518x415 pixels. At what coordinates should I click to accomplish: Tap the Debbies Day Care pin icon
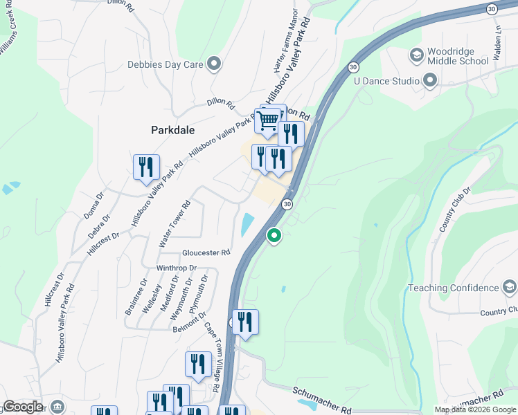tap(214, 65)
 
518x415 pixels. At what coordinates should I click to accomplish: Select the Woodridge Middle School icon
tap(417, 54)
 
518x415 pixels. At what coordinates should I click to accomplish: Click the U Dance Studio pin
tap(430, 82)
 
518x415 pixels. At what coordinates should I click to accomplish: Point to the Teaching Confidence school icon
tap(509, 288)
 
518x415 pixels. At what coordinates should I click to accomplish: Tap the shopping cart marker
tap(267, 121)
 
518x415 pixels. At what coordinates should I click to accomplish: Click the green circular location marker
tap(274, 236)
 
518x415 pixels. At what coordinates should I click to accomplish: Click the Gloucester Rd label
tap(206, 253)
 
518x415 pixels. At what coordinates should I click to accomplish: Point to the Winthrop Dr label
tap(177, 268)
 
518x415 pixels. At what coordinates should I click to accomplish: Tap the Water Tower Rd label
tap(175, 225)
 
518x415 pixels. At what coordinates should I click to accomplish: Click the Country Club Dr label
tap(454, 209)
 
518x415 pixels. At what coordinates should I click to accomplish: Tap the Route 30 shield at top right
tap(492, 9)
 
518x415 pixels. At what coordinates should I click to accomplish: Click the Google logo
tap(23, 407)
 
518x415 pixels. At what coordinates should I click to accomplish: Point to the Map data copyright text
tap(475, 409)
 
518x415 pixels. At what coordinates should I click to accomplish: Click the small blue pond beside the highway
tap(247, 224)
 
